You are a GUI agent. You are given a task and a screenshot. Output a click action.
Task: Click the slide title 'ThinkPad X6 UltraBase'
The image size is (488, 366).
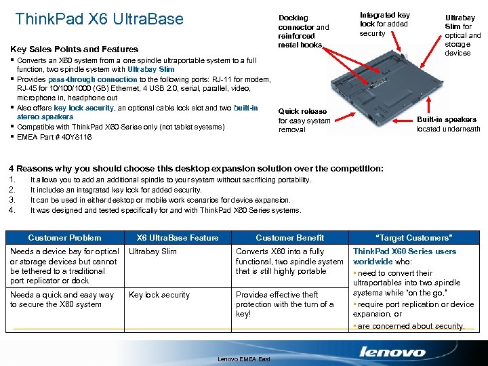click(x=99, y=19)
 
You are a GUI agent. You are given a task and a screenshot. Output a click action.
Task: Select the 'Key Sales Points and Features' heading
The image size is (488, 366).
click(x=74, y=49)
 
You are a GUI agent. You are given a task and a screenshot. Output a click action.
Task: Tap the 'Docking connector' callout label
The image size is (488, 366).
click(x=303, y=31)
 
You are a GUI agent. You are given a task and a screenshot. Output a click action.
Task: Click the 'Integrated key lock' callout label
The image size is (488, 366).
click(x=384, y=24)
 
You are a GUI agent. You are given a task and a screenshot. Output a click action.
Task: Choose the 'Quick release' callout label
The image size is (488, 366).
click(x=304, y=121)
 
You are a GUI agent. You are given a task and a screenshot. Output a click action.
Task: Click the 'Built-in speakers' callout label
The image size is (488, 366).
click(x=448, y=124)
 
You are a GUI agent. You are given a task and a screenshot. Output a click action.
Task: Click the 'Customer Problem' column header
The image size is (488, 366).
click(x=64, y=238)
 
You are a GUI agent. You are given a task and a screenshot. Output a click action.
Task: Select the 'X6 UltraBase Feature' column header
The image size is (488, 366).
click(x=178, y=238)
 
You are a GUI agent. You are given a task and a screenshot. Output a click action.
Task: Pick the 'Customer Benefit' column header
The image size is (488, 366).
click(x=289, y=238)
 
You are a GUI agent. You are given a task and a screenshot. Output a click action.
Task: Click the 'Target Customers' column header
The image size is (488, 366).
click(x=413, y=238)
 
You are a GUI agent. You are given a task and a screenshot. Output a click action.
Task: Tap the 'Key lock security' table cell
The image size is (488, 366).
click(x=159, y=295)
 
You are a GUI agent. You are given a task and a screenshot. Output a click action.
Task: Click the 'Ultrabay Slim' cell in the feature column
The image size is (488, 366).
click(x=152, y=251)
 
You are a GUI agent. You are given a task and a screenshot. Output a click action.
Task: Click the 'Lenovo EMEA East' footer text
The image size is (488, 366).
click(x=244, y=359)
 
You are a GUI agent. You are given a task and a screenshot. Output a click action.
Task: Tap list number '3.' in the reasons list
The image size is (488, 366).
click(x=12, y=200)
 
